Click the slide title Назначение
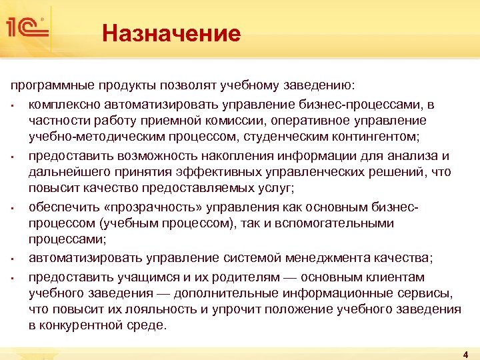[x=171, y=33]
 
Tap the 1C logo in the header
[x=27, y=28]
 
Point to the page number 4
[x=465, y=353]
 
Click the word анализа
[x=413, y=156]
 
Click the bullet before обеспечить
[x=13, y=208]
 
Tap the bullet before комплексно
[x=13, y=105]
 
